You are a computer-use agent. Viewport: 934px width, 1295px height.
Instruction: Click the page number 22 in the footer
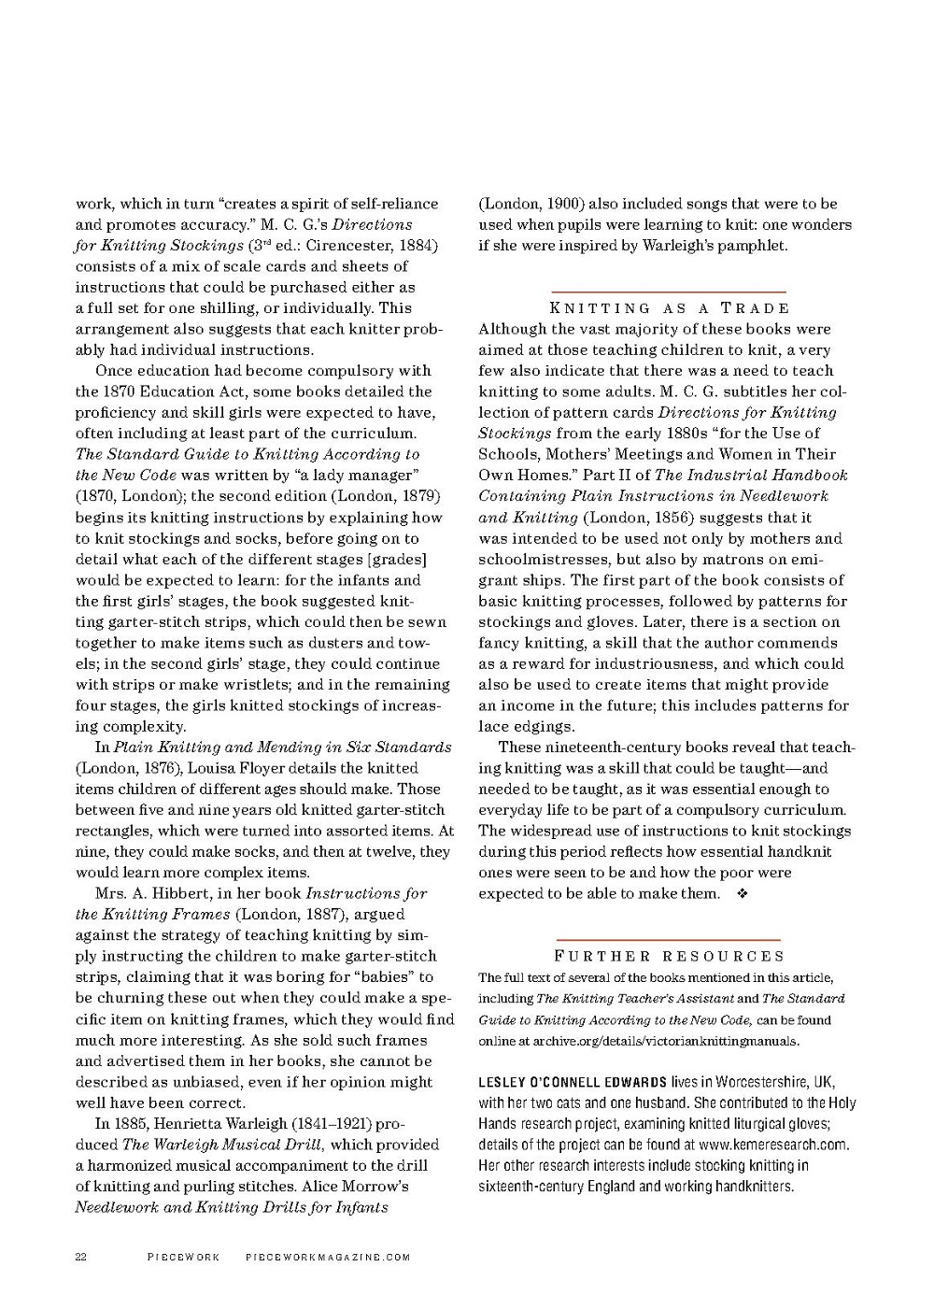[80, 1257]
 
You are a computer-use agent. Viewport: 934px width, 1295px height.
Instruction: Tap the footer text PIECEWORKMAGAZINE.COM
[328, 1257]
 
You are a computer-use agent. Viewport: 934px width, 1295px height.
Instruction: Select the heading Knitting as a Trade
[669, 308]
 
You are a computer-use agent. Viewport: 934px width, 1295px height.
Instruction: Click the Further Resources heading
[670, 956]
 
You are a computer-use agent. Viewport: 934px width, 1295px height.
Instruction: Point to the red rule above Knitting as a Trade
[669, 292]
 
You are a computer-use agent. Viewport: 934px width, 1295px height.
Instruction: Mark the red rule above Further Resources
[668, 939]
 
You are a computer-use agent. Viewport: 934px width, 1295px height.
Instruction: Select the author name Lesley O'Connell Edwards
[573, 1082]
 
